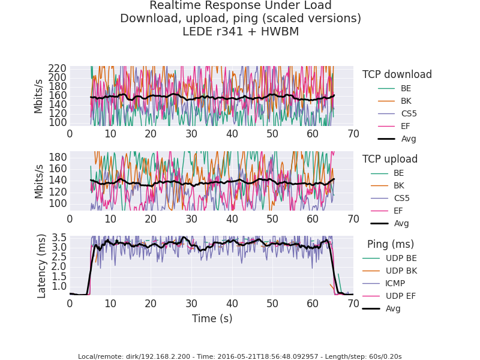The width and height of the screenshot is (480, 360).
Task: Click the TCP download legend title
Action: tap(397, 74)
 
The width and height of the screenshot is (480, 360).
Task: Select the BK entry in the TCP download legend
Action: tap(406, 101)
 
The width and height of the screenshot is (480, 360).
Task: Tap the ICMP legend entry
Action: tap(395, 283)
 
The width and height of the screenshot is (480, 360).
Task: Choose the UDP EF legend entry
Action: tap(401, 296)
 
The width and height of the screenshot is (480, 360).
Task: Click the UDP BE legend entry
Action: tap(401, 258)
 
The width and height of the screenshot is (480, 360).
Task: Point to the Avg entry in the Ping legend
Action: tap(393, 308)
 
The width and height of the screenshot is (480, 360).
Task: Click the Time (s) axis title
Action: tap(212, 319)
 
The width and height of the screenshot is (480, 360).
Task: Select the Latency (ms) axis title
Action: tap(42, 266)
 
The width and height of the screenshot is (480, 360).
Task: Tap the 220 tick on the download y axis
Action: tap(58, 68)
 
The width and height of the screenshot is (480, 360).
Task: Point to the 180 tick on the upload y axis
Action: tap(58, 157)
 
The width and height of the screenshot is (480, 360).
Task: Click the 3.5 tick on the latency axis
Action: tap(59, 238)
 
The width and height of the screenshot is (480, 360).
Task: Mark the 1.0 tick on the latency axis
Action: tap(59, 286)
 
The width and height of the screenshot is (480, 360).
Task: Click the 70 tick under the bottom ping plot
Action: tap(353, 304)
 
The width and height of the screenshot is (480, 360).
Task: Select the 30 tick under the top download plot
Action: tap(191, 134)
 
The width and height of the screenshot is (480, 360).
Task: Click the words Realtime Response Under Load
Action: tap(240, 5)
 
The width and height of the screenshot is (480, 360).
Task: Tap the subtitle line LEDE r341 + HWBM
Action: tap(240, 32)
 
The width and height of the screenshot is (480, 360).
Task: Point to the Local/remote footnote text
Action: tap(240, 356)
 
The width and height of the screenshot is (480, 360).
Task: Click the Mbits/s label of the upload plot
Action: tap(39, 181)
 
